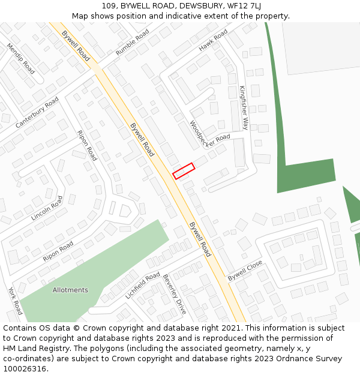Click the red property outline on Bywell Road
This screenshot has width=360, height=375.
click(184, 171)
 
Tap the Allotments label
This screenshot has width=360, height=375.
click(70, 290)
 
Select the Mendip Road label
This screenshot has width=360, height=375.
click(21, 58)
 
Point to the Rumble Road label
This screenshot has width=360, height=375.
click(132, 44)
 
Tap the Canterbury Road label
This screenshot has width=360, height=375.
click(37, 112)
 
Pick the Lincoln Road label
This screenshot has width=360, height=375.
click(47, 208)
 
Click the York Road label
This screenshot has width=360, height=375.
click(15, 300)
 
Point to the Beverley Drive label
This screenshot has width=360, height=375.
click(175, 295)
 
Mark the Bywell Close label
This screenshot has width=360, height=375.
click(245, 271)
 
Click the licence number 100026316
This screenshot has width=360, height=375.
click(25, 368)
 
